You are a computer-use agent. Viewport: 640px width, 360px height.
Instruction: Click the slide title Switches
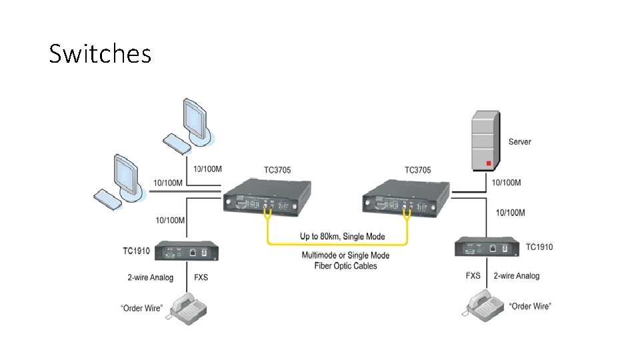coord(100,53)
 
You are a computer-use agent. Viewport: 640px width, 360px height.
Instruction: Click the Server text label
coord(519,142)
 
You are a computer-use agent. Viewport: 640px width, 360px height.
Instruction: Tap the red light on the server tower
coord(488,163)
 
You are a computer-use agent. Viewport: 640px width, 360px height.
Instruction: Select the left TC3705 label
coord(279,169)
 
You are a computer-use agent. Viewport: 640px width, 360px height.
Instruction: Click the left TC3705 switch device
coord(267,197)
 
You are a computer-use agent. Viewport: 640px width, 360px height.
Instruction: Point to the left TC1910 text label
coord(137,251)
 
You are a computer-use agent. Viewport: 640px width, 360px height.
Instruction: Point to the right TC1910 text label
coord(539,247)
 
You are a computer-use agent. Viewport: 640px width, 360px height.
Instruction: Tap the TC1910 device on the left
coord(187,252)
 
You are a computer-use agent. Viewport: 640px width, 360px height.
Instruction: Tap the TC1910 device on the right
coord(487,247)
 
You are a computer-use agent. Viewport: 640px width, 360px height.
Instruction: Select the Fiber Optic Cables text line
coord(345,266)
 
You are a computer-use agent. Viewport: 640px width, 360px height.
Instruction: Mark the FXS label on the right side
coord(473,275)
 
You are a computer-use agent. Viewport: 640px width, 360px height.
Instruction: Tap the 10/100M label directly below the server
coord(506,183)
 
